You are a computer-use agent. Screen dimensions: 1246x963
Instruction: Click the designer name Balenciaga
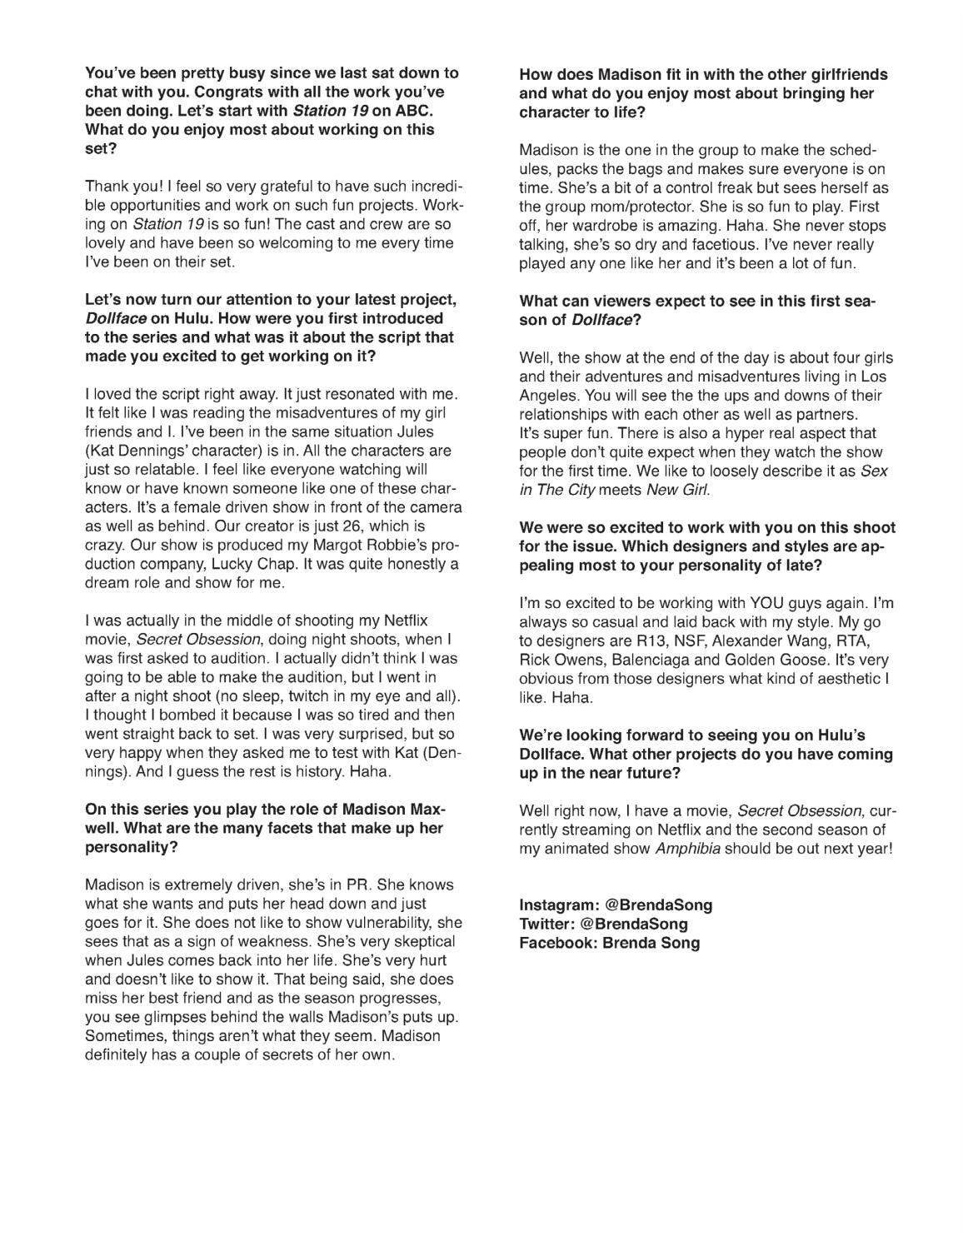click(x=653, y=660)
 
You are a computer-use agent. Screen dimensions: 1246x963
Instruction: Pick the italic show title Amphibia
click(x=686, y=849)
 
